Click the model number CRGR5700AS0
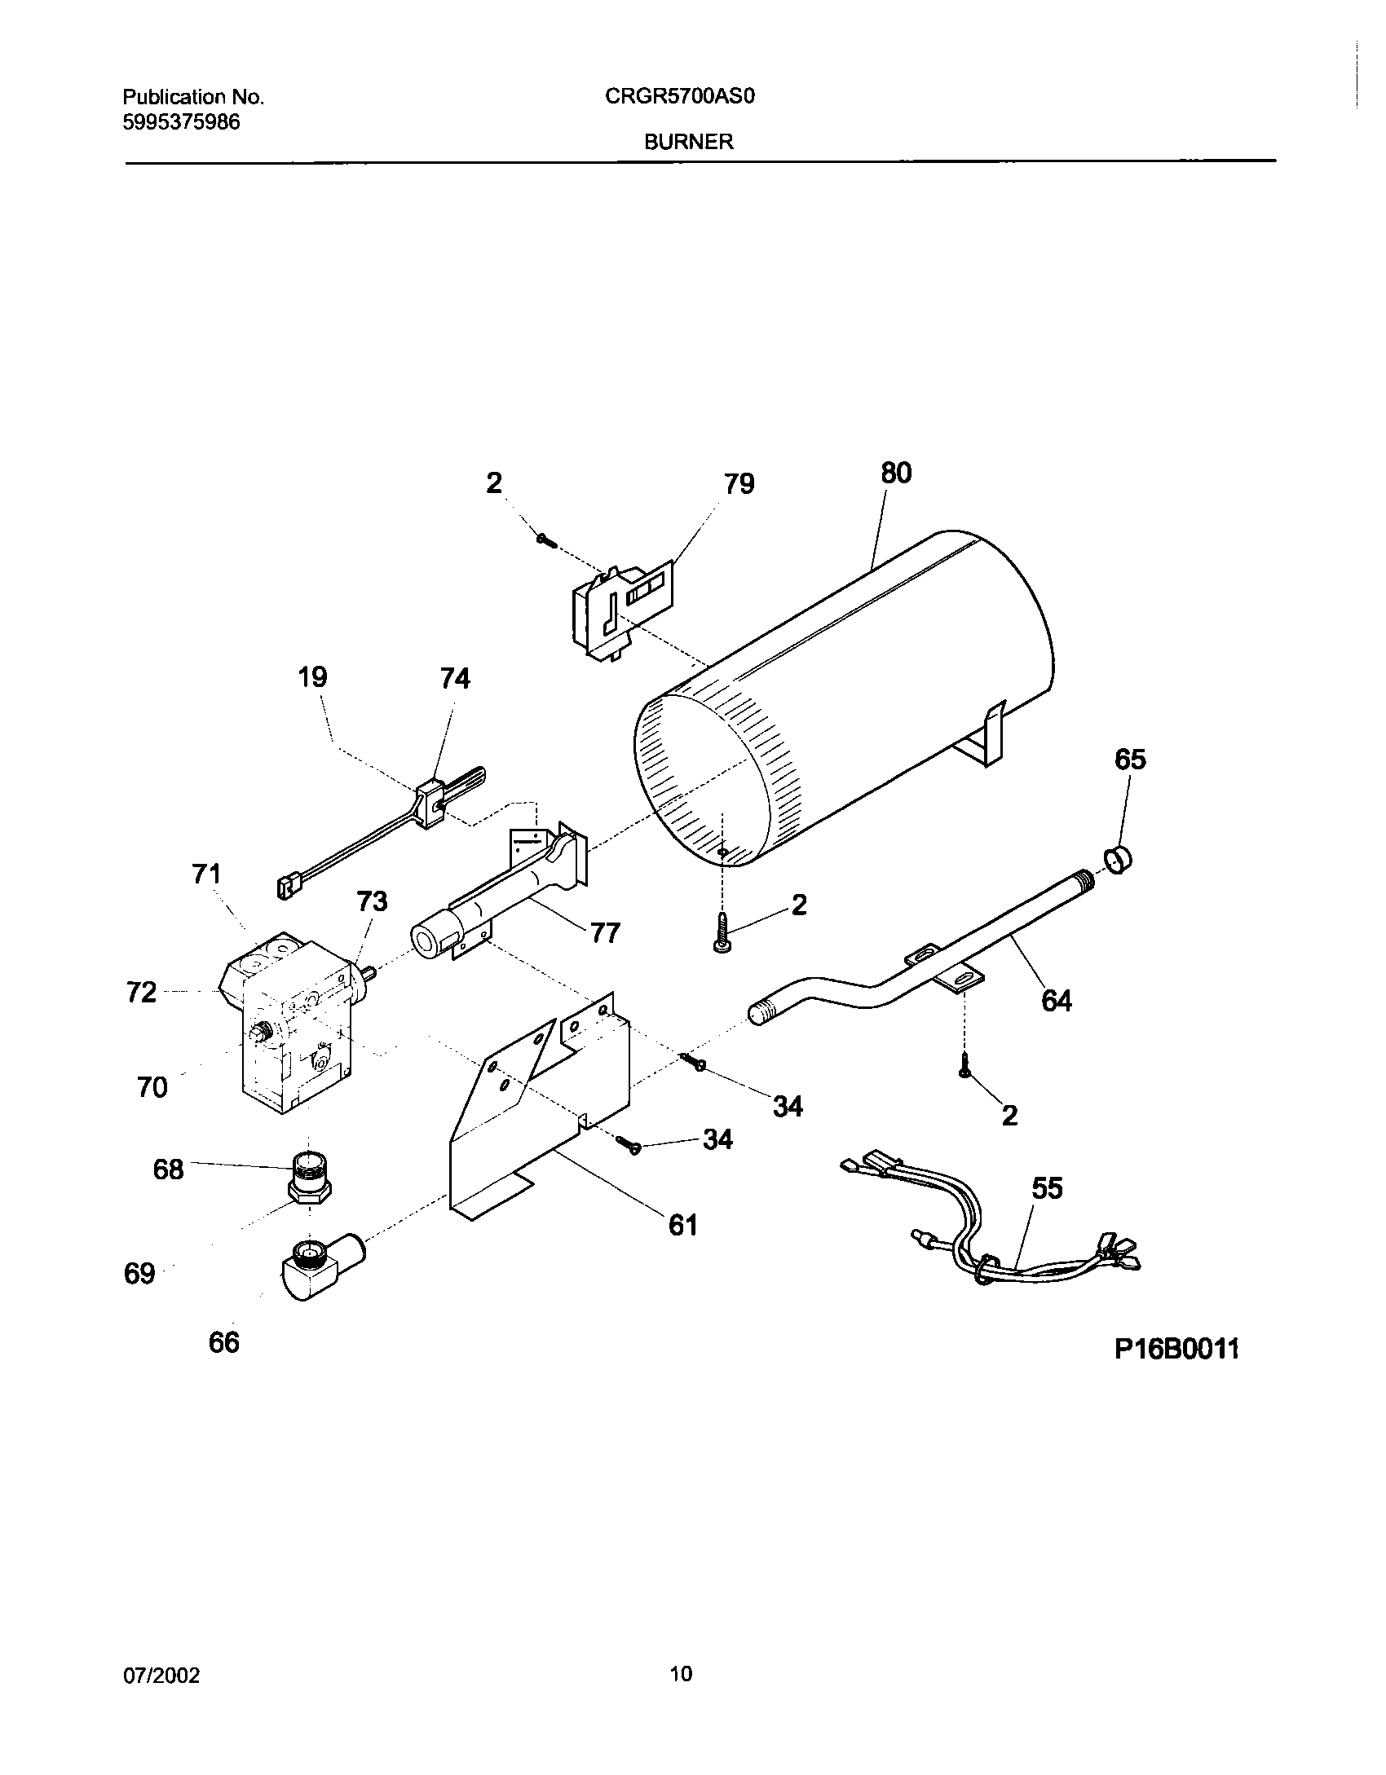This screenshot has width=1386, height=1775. point(680,97)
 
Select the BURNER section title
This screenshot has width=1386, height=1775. point(689,142)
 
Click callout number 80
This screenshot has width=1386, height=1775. point(896,473)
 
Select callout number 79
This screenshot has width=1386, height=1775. point(739,484)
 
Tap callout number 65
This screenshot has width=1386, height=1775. point(1130,760)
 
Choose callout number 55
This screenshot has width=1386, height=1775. point(1047,1189)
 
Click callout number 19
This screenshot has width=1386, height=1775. point(313,677)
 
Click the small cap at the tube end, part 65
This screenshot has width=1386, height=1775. point(1117,860)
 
